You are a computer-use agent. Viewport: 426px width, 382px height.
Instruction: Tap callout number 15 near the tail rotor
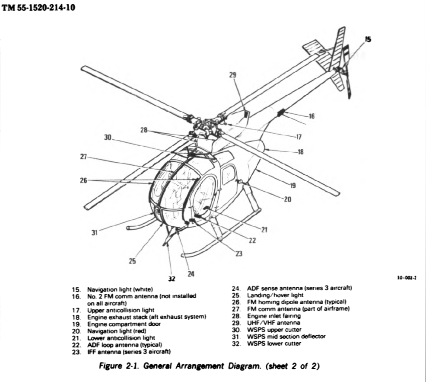[x=368, y=39]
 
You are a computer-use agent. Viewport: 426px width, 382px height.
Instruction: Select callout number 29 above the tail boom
[x=233, y=75]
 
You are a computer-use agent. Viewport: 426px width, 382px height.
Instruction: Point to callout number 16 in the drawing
[x=312, y=116]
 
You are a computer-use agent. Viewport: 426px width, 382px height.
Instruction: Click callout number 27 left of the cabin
[x=83, y=157]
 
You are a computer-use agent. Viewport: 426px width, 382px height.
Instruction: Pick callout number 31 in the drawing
[x=95, y=233]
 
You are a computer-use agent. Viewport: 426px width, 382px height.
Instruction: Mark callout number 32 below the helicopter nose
[x=172, y=278]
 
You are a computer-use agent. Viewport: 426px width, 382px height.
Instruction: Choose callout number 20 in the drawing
[x=288, y=199]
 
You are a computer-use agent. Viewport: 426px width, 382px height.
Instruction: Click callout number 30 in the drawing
[x=108, y=137]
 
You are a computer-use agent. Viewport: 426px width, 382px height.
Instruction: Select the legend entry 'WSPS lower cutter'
[x=274, y=343]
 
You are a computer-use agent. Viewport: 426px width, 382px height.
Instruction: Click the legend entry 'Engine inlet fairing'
[x=273, y=316]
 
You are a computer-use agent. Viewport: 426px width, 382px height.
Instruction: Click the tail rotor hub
[x=341, y=68]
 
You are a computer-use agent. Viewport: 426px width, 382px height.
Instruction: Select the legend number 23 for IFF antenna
[x=76, y=351]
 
